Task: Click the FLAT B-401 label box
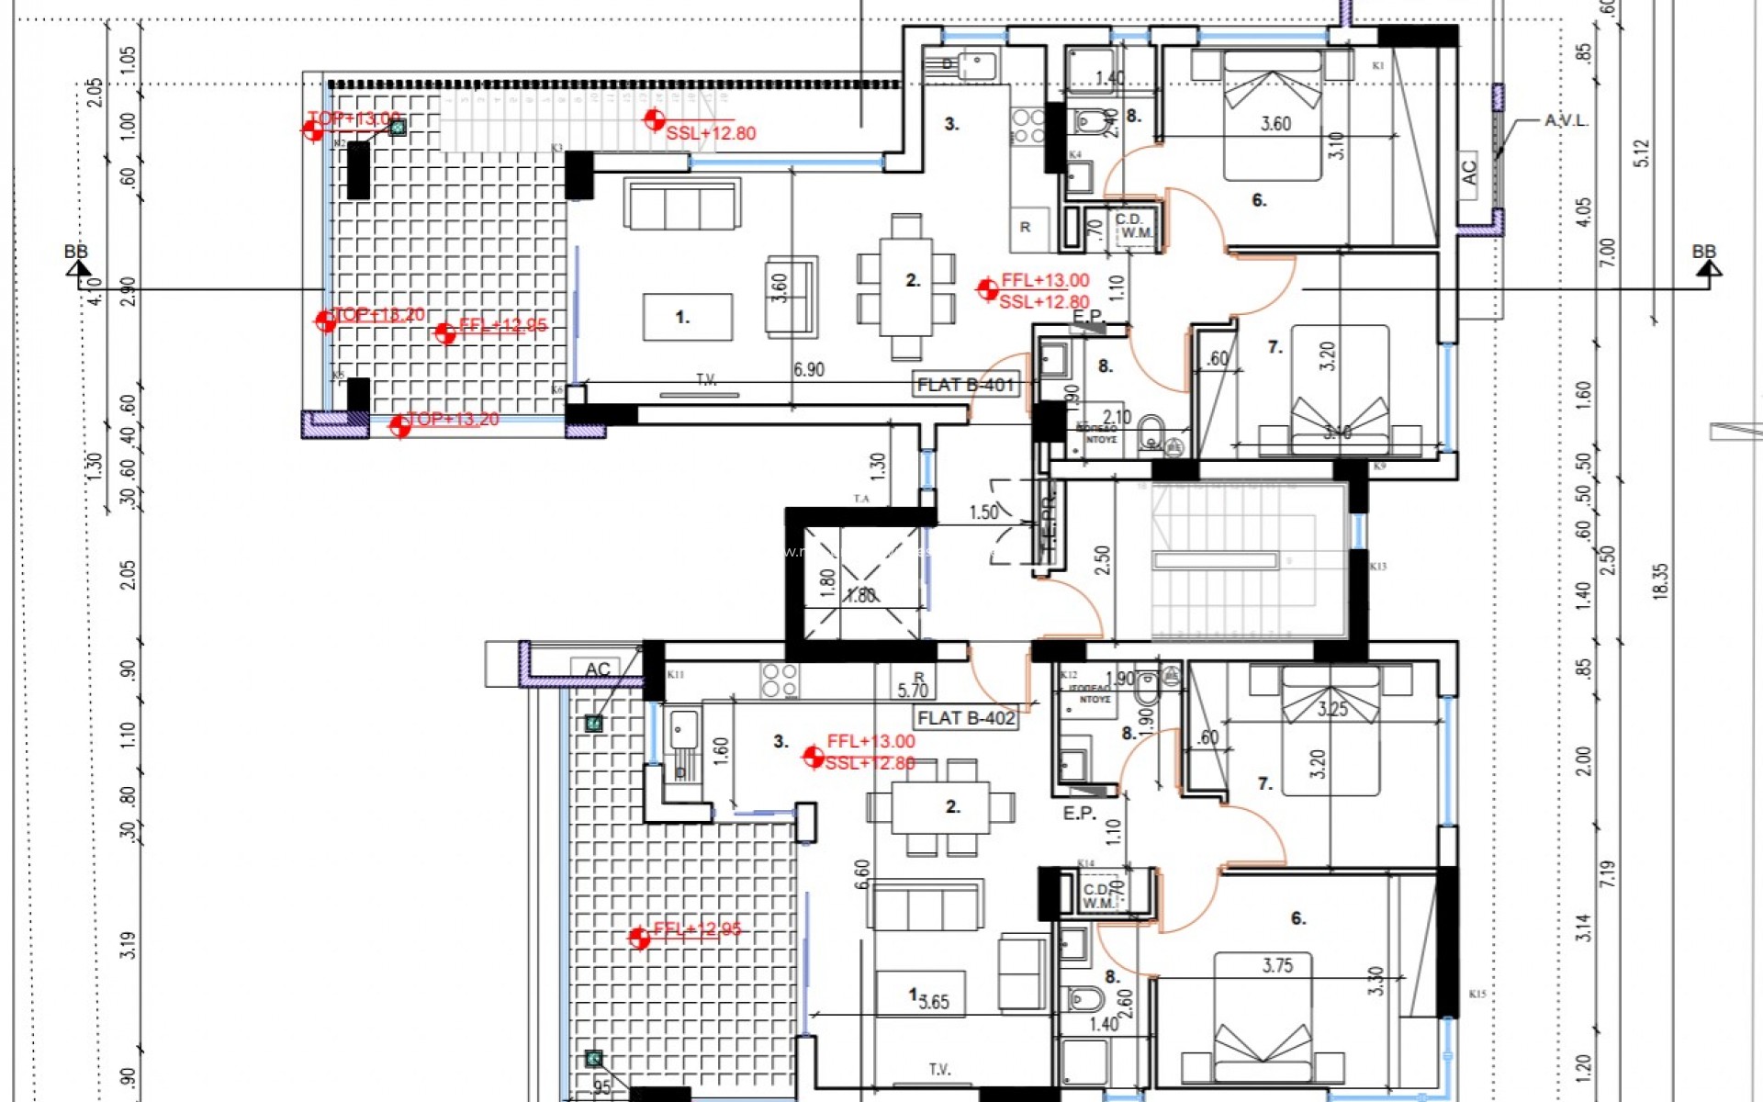[966, 385]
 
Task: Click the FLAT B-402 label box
[966, 718]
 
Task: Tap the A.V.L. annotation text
[1566, 121]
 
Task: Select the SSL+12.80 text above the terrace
[711, 134]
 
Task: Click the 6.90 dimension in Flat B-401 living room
[808, 370]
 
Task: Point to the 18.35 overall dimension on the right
[1660, 581]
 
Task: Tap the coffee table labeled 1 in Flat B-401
[688, 318]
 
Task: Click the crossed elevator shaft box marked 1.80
[860, 582]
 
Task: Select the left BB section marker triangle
[79, 268]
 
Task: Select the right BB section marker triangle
[1708, 268]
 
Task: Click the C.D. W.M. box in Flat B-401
[1135, 228]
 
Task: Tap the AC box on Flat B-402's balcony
[597, 669]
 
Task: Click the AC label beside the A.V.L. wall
[1467, 173]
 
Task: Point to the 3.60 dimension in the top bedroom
[1275, 124]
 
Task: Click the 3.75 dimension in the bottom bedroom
[1277, 965]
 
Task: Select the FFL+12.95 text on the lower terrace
[697, 929]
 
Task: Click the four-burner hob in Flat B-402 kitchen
[780, 680]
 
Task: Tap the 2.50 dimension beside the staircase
[1102, 560]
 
